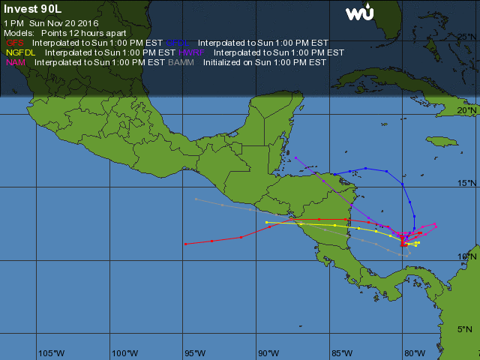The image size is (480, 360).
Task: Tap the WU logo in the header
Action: (x=359, y=13)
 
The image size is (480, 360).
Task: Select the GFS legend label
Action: (x=15, y=43)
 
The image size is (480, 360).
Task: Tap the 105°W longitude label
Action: (x=51, y=352)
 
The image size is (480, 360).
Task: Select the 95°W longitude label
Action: (x=196, y=352)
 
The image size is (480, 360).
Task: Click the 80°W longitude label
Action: (x=413, y=352)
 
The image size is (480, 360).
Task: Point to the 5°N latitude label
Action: (x=466, y=328)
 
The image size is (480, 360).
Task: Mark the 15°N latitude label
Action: (x=466, y=183)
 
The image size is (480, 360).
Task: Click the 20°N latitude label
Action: (x=466, y=110)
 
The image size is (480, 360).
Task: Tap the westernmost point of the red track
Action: (x=185, y=244)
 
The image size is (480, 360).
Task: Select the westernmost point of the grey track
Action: (x=196, y=199)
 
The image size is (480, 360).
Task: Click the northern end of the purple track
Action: (x=295, y=157)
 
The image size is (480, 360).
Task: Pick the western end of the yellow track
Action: (x=267, y=222)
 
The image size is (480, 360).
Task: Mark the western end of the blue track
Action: (x=334, y=174)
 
